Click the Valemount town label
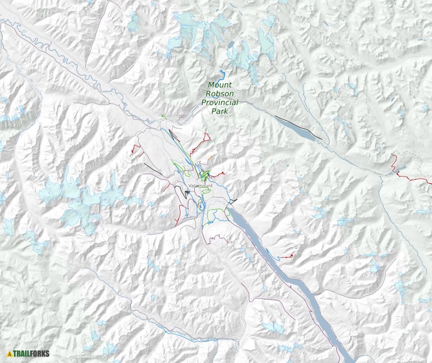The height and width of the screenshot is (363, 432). pyautogui.click(x=200, y=186)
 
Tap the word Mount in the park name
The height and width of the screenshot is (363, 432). pyautogui.click(x=220, y=85)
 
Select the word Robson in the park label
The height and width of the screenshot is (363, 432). pyautogui.click(x=220, y=94)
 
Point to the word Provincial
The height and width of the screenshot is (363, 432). pyautogui.click(x=220, y=103)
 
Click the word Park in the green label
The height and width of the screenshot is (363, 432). pyautogui.click(x=220, y=111)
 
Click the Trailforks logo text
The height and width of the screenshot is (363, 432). pyautogui.click(x=32, y=353)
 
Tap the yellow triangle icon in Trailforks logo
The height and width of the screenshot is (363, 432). pyautogui.click(x=10, y=353)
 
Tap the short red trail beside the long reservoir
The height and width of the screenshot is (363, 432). pyautogui.click(x=288, y=256)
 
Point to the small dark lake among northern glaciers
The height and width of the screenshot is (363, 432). pyautogui.click(x=232, y=45)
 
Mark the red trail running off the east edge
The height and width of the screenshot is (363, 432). pyautogui.click(x=414, y=179)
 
